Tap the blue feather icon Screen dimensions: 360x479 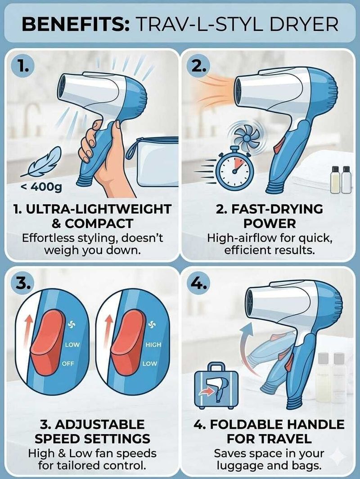(x=41, y=162)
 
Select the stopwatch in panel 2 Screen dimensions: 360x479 (x=234, y=168)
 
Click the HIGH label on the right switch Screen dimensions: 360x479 (x=153, y=345)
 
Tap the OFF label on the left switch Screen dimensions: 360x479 (x=68, y=363)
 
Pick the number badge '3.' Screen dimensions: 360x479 (x=22, y=284)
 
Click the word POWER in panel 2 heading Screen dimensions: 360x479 (x=270, y=224)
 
